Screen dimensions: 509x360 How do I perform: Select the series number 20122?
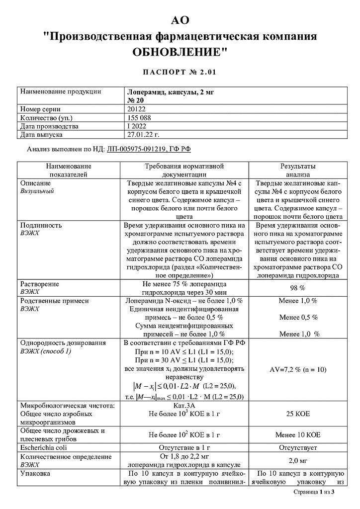pos(137,109)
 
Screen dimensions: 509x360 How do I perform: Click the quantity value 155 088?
pos(140,118)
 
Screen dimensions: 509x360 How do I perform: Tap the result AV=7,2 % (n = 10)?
pos(297,370)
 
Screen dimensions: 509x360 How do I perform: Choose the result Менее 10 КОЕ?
pos(297,435)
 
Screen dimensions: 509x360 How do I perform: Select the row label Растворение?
pos(39,284)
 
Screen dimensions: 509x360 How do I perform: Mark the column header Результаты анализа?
pos(297,170)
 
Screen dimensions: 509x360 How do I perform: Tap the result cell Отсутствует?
pos(297,447)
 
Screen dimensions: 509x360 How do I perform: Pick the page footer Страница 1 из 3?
pos(315,492)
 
